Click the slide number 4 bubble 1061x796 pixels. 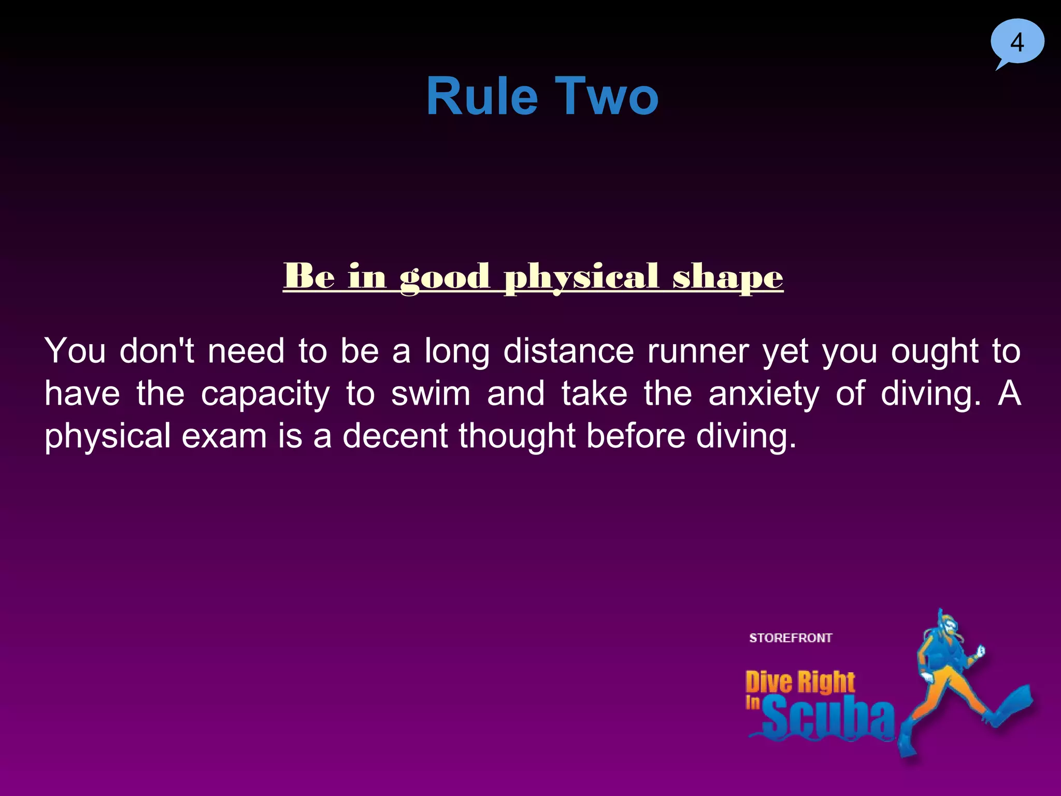tap(1017, 42)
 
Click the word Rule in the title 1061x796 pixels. tap(482, 96)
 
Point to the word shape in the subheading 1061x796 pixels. tap(728, 277)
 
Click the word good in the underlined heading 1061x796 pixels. tap(445, 277)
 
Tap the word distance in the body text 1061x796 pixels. tap(568, 351)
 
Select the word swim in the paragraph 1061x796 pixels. tap(431, 394)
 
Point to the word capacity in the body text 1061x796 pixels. tap(265, 394)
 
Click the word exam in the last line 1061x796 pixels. tap(224, 436)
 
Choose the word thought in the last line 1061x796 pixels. tap(517, 436)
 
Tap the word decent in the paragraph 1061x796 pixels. tap(395, 436)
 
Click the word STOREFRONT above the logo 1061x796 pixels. tap(791, 638)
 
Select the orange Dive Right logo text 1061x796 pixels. tap(800, 682)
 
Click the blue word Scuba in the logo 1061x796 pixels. tap(828, 718)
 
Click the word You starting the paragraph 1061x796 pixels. tap(75, 351)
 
